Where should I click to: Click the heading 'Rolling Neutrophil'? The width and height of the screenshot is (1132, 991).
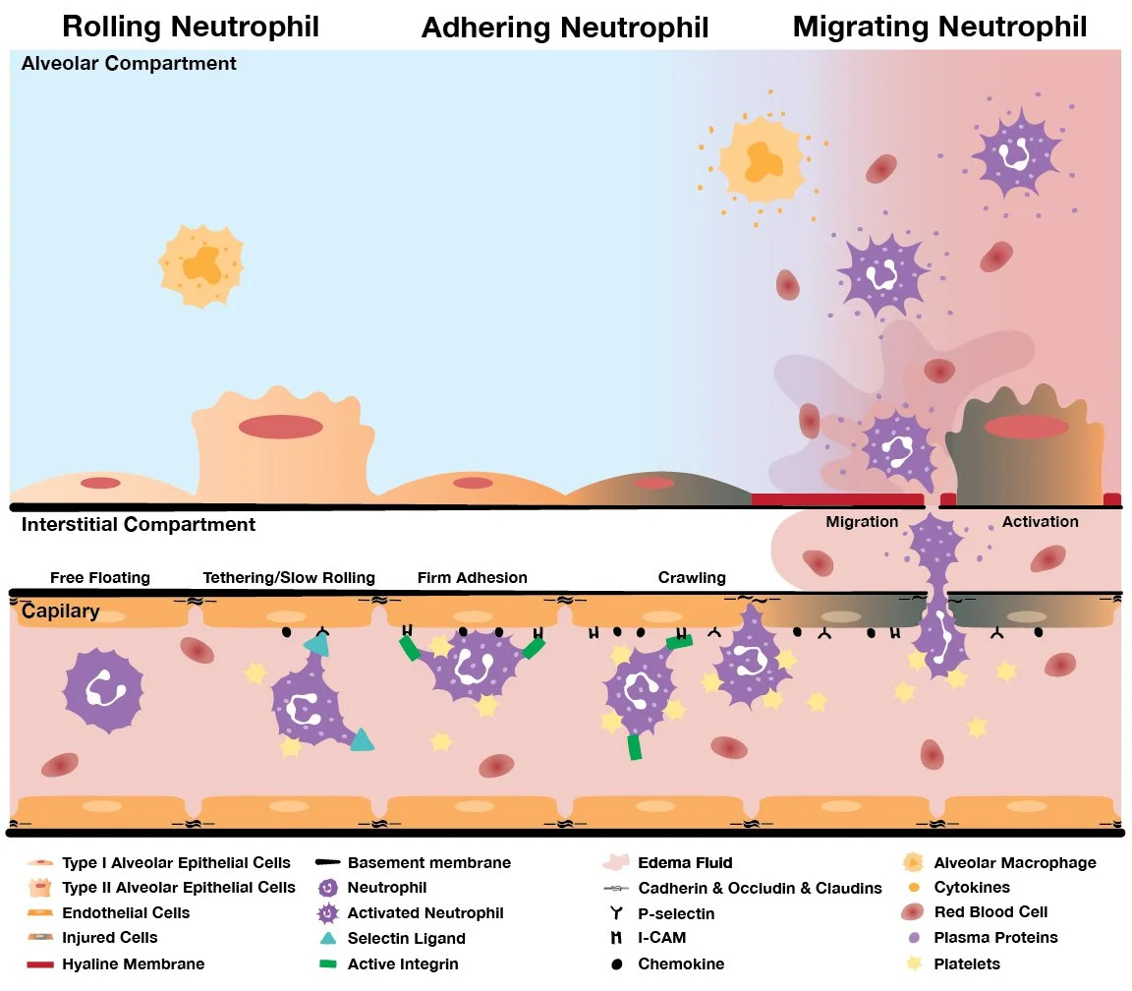(x=191, y=26)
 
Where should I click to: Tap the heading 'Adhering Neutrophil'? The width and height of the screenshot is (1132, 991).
(x=565, y=28)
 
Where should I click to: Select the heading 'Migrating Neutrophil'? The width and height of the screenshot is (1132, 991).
(x=939, y=26)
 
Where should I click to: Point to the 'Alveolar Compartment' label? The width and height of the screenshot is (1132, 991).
(x=129, y=64)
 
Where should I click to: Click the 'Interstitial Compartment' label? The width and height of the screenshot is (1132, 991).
(x=139, y=524)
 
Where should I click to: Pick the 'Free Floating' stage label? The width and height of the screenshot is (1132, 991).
(x=99, y=577)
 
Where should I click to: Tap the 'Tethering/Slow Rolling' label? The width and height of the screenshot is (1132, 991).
(x=289, y=577)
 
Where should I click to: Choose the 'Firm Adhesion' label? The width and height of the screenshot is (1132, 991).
(x=472, y=577)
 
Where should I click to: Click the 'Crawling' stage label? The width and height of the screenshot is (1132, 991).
(x=692, y=577)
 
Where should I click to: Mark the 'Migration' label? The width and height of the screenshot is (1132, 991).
(x=862, y=521)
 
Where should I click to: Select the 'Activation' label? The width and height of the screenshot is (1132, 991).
(x=1040, y=521)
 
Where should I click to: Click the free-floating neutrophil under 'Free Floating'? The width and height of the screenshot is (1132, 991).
(x=102, y=689)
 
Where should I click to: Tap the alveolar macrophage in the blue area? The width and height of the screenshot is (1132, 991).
(x=201, y=263)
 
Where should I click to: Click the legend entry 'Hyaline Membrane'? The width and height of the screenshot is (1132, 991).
(x=134, y=963)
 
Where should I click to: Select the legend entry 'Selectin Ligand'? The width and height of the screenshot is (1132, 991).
(x=406, y=938)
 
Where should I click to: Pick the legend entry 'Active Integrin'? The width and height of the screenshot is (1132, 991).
(x=403, y=963)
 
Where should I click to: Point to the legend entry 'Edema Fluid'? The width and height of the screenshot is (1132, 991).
(x=685, y=863)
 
